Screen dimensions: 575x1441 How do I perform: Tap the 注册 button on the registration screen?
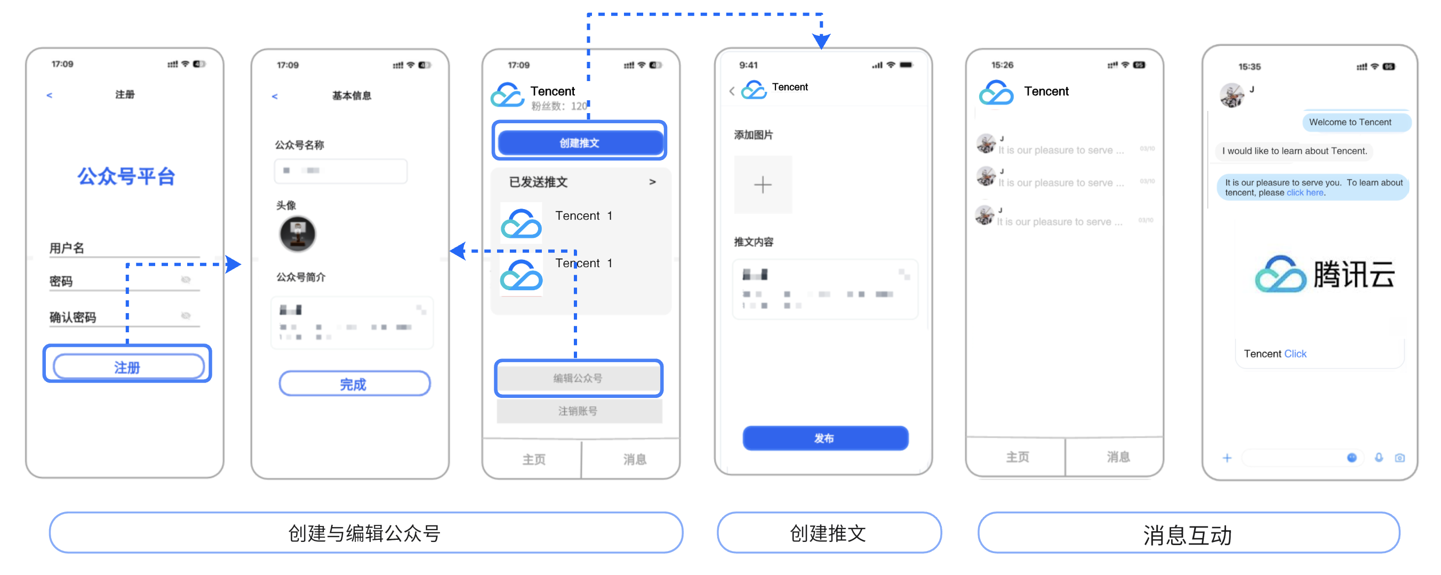(128, 367)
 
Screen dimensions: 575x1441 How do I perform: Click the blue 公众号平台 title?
(126, 177)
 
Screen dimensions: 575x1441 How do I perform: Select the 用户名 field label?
(67, 248)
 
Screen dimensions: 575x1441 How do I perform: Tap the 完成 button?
(354, 384)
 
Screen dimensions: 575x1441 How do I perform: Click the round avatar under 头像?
(298, 234)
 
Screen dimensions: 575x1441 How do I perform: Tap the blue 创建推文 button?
(580, 142)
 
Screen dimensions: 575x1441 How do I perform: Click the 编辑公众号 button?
(579, 378)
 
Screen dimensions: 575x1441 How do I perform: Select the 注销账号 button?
(579, 411)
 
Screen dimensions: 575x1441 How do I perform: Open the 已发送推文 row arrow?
(652, 182)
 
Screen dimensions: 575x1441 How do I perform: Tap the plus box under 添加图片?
(763, 185)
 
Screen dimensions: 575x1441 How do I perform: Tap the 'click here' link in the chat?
(1304, 193)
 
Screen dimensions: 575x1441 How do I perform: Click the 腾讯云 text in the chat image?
(1353, 275)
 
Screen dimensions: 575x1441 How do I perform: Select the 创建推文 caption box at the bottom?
(828, 533)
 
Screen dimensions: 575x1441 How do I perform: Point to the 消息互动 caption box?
(1188, 534)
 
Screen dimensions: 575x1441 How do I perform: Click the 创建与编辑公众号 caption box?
(365, 533)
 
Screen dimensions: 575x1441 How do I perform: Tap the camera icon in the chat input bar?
(1399, 458)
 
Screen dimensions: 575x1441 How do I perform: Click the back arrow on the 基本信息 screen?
(275, 97)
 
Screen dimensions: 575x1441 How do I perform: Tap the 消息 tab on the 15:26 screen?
(1118, 457)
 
